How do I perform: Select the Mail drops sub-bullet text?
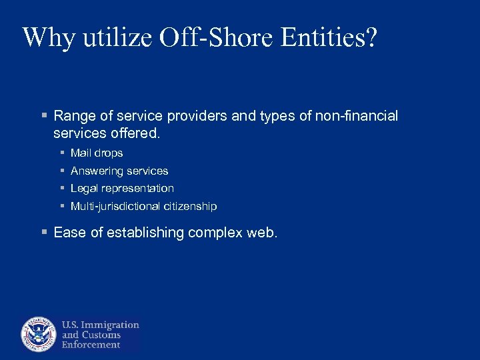(97, 153)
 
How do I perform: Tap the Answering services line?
(119, 171)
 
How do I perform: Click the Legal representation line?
(122, 189)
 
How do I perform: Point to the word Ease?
(69, 233)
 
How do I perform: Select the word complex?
(215, 233)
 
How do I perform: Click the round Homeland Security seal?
(39, 334)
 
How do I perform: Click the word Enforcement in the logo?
(91, 345)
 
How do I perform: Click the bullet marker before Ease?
(44, 233)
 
